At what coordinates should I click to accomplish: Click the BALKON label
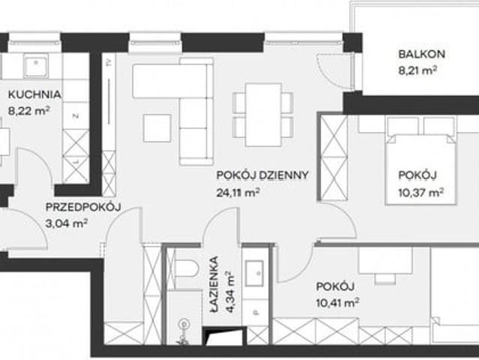point(421,55)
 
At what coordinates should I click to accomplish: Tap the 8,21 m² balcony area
point(417,71)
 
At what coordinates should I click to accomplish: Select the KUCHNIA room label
point(34,94)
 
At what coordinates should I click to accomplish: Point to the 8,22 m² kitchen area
point(29,111)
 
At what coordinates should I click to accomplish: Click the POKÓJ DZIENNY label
point(262,175)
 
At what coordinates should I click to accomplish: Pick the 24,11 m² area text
point(238,193)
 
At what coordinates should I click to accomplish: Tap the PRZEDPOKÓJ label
point(83,207)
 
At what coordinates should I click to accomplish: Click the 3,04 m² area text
point(67,223)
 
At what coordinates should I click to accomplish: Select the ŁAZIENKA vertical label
point(214,284)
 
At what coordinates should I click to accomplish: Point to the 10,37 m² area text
point(421,193)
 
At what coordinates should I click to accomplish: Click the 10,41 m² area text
point(337,303)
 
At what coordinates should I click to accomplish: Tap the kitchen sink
point(36,65)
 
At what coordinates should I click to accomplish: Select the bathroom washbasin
point(254,273)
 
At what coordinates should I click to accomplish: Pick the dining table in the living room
point(263,115)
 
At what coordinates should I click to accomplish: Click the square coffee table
point(157,128)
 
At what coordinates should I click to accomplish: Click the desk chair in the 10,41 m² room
point(385,278)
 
